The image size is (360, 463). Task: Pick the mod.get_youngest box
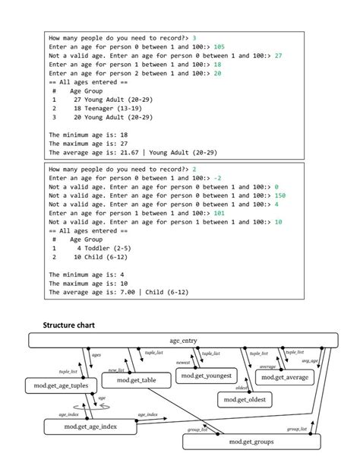[x=206, y=376]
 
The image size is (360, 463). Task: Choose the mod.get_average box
[x=286, y=376]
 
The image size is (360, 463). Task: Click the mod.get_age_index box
[x=90, y=427]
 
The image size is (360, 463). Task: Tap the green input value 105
[x=219, y=46]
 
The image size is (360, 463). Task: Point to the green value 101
[x=219, y=214]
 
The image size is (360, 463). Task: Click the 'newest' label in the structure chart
[x=183, y=363]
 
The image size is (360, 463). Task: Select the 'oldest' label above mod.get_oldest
[x=242, y=388]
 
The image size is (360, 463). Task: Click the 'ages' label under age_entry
[x=96, y=355]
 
